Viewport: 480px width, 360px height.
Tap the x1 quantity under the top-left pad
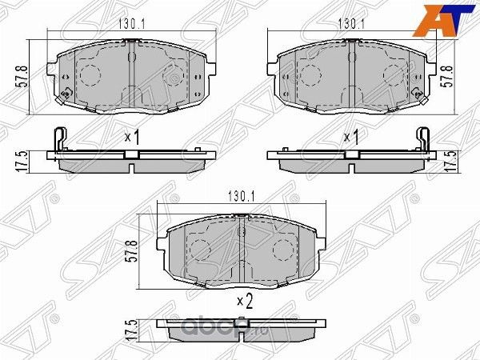click(133, 138)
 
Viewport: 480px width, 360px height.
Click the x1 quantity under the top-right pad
click(351, 138)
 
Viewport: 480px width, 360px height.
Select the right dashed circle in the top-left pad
click(171, 78)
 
